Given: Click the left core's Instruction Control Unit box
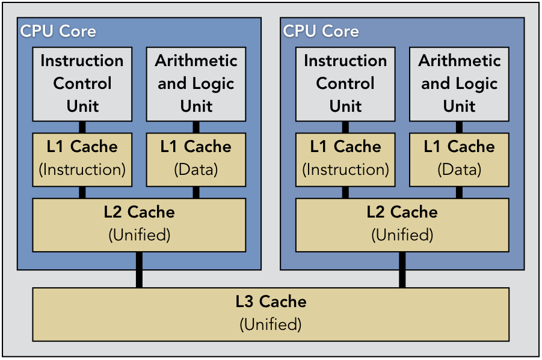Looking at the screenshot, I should tap(82, 84).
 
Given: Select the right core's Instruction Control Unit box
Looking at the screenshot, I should tap(345, 84).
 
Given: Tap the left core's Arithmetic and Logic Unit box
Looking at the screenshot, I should tap(196, 84).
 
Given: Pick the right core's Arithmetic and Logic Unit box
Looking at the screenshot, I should tap(460, 84).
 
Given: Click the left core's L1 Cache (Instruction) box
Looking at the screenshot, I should tap(82, 159).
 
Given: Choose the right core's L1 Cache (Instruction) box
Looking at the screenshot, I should tap(345, 159).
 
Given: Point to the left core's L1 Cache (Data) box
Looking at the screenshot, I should tap(196, 159).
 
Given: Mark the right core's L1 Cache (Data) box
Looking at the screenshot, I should tap(460, 159).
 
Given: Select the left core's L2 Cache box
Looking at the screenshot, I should tap(139, 224).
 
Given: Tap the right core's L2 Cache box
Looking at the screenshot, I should tap(402, 224).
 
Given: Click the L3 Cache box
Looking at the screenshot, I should tap(271, 314).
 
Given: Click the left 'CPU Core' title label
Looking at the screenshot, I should tap(58, 31).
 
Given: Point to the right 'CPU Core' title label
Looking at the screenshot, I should tap(321, 31).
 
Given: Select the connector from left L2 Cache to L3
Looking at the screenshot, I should tap(139, 270).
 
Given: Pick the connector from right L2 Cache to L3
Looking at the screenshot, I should tap(402, 270).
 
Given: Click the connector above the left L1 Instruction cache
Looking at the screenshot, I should tap(82, 127).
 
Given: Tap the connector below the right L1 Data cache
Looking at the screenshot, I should tap(460, 192).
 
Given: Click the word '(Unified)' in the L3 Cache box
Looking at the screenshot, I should tap(271, 325).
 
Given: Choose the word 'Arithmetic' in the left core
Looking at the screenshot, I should tap(196, 61).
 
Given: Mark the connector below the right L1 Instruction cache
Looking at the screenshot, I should tap(345, 192).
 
